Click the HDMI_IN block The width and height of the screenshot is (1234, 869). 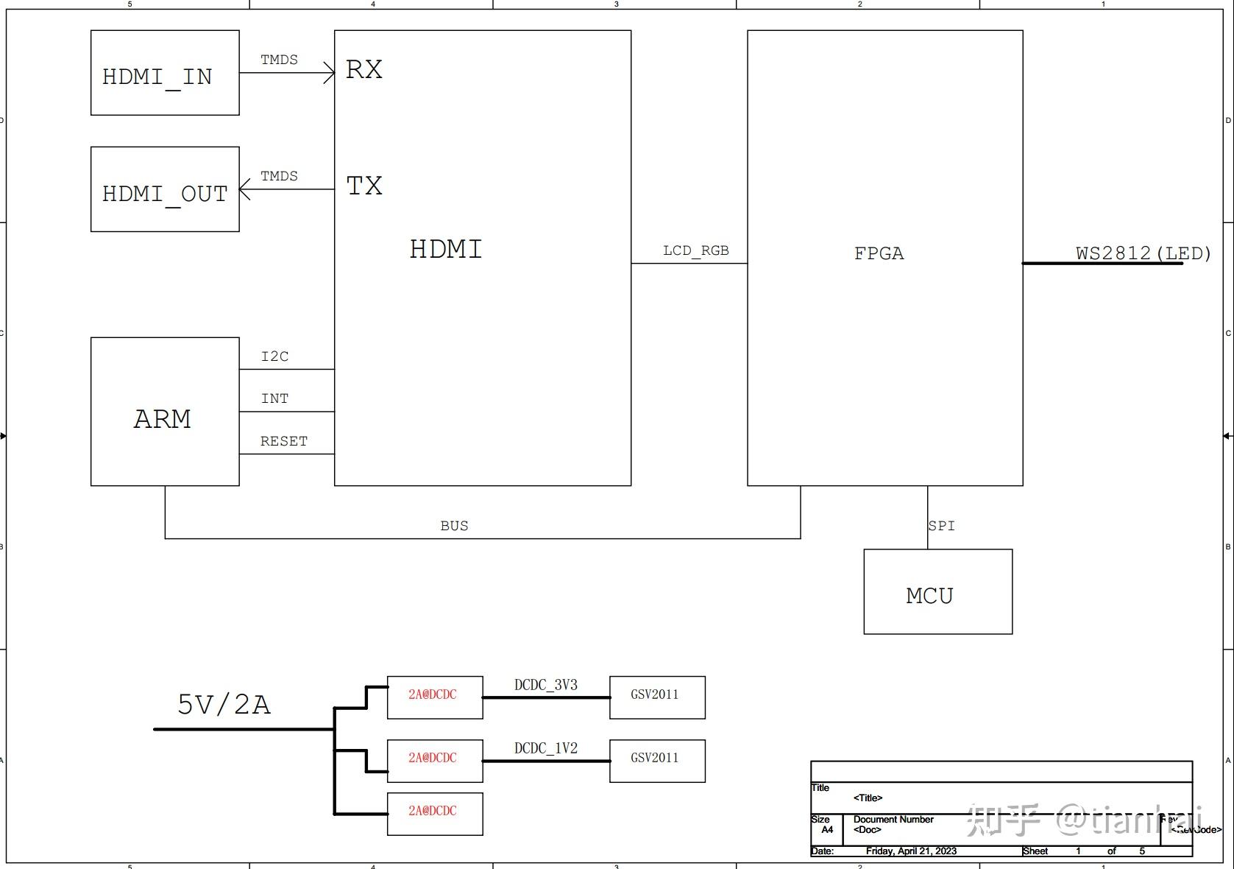(x=165, y=73)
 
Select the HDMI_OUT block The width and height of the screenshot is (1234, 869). (x=165, y=189)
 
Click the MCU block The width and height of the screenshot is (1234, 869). (x=937, y=592)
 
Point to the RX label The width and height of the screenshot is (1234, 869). (x=364, y=69)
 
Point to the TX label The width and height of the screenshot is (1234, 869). (x=364, y=186)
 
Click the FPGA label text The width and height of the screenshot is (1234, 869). (x=879, y=253)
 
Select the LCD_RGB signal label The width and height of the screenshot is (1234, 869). (x=695, y=250)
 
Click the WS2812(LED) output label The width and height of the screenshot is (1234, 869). (x=1143, y=253)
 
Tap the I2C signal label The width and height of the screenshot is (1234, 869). (x=274, y=356)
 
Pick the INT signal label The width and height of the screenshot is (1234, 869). (x=274, y=398)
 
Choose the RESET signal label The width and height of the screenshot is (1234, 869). (x=283, y=441)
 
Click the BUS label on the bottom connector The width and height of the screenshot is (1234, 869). (x=454, y=526)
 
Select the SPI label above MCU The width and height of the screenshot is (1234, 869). (x=941, y=526)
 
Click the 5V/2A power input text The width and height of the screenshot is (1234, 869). (x=224, y=705)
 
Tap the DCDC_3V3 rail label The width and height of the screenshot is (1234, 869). (x=545, y=685)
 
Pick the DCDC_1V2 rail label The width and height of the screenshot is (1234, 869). (x=545, y=748)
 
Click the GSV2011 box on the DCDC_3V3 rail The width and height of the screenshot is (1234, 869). (x=656, y=697)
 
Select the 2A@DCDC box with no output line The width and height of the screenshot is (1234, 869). (x=434, y=813)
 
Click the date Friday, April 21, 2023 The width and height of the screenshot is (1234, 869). (x=911, y=851)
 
